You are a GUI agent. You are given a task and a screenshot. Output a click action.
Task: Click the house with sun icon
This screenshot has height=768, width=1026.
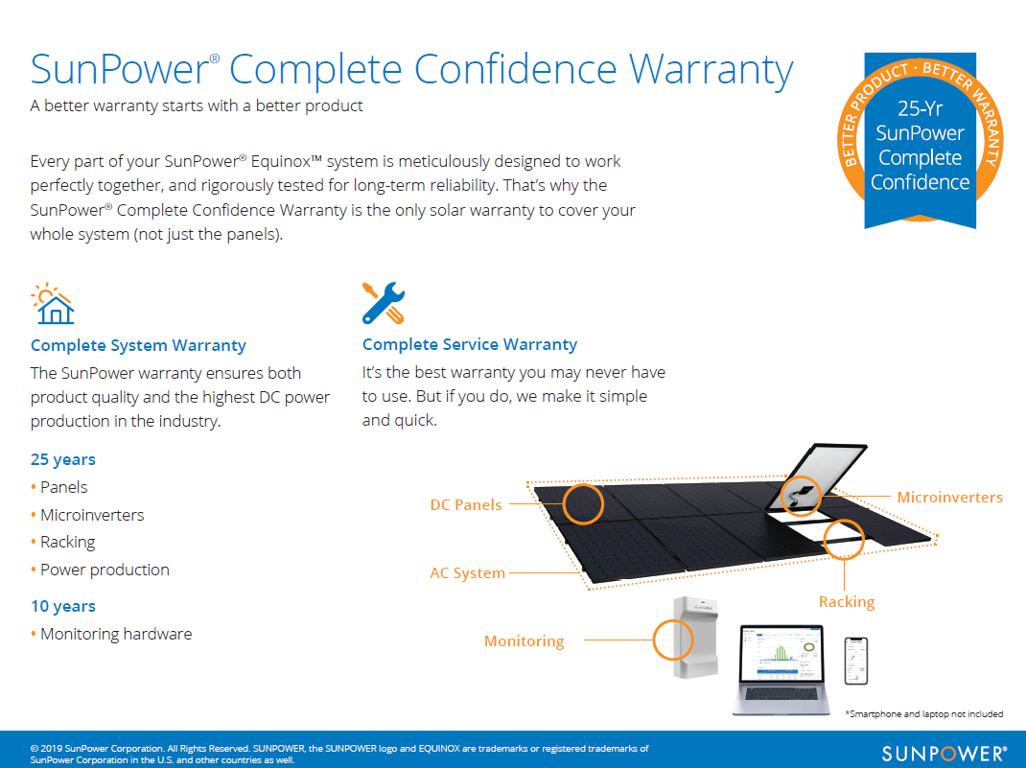53,304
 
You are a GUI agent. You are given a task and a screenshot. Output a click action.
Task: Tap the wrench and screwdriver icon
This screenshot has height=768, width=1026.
384,303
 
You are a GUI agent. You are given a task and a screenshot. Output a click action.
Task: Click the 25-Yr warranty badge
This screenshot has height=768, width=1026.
920,141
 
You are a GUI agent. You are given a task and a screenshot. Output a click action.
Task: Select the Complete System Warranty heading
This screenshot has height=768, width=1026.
138,345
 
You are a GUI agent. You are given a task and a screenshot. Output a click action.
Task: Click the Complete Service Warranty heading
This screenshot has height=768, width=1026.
470,345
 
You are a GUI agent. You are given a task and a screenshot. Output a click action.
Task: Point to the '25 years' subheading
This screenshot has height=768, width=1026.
63,460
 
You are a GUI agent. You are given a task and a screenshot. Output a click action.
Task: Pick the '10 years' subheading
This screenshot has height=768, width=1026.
63,606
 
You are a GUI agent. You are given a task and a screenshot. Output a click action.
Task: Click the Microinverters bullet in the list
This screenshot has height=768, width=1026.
92,515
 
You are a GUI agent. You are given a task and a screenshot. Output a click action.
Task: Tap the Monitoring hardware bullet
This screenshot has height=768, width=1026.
116,634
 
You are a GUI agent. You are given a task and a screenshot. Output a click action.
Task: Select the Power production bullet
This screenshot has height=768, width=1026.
105,570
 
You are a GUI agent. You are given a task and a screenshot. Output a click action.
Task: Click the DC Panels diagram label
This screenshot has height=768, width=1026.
466,505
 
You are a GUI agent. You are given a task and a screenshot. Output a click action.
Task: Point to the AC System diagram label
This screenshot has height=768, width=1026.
467,573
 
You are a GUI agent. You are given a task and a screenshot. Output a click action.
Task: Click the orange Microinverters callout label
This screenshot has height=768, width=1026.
949,498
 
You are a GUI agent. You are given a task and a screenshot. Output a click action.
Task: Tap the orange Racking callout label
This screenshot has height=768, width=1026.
847,602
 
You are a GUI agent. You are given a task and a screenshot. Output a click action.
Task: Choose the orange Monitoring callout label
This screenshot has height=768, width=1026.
524,641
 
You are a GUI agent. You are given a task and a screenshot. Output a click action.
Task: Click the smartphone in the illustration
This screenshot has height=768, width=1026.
856,661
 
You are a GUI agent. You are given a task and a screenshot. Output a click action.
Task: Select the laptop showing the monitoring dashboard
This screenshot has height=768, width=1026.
781,669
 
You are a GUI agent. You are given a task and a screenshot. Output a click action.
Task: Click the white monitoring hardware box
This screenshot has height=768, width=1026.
695,638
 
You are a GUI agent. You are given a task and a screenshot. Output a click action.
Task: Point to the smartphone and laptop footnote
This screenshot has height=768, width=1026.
924,713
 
